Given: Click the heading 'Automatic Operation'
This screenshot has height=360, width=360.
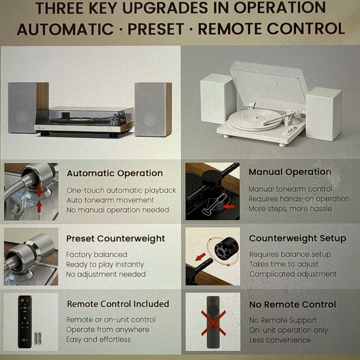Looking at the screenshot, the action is [115, 174].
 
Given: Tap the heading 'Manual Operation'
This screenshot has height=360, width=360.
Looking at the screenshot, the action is [290, 172].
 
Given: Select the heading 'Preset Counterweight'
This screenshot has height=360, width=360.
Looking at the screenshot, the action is [116, 239].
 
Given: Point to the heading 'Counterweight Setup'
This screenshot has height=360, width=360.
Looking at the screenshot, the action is [298, 238].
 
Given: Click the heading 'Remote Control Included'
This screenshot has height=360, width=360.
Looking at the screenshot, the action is [118, 304].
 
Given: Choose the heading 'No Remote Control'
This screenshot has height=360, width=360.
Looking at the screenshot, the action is [293, 305].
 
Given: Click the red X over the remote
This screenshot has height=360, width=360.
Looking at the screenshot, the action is [213, 323].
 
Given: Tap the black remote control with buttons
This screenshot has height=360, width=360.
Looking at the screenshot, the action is [25, 321].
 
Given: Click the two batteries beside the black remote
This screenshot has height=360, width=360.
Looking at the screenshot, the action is [38, 338].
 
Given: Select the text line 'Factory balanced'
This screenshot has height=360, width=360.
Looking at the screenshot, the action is [96, 255].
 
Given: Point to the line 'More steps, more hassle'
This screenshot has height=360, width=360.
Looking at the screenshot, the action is [290, 209].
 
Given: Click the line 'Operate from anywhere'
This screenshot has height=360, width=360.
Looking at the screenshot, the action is [108, 330].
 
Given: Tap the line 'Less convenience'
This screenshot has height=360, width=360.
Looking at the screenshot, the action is [280, 340].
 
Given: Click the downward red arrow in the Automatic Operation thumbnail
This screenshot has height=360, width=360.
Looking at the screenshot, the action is [40, 190].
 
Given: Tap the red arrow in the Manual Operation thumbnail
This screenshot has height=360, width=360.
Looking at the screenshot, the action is [229, 207].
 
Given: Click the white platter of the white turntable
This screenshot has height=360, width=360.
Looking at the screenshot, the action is [255, 120].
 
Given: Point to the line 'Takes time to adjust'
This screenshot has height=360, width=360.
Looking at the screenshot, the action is [284, 264].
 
